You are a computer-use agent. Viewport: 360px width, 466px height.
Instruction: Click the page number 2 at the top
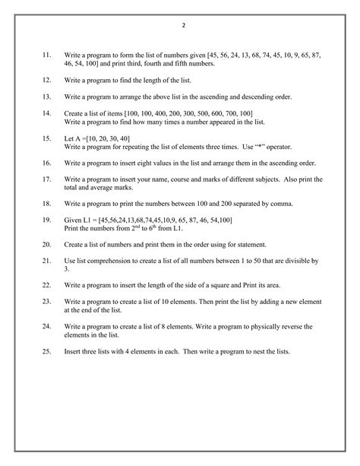coord(183,26)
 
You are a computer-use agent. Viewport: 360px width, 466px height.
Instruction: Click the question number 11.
coord(46,55)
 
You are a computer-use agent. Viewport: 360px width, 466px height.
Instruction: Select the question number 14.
coord(46,113)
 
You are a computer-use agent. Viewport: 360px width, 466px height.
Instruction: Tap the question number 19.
coord(46,220)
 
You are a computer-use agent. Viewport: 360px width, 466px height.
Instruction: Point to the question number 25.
coord(46,352)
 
